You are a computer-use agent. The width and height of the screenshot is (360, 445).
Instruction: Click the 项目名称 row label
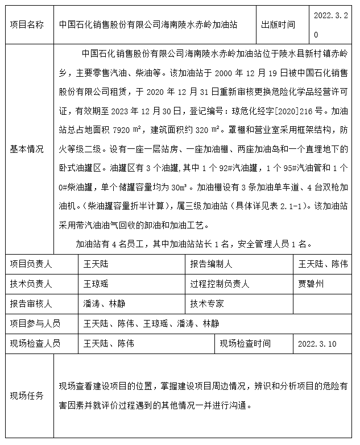click(x=27, y=25)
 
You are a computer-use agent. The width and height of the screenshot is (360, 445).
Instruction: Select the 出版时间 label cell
click(x=278, y=25)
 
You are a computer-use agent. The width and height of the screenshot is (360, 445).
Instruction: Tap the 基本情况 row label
click(x=27, y=149)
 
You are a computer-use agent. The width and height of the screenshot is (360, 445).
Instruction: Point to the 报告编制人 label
click(x=211, y=264)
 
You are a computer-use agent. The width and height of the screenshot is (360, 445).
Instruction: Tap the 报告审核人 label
click(x=31, y=303)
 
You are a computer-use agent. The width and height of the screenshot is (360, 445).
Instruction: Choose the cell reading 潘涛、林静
click(x=104, y=303)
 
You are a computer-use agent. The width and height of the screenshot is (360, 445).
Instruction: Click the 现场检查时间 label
click(x=246, y=343)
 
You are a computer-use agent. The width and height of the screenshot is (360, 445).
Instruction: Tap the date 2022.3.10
click(x=317, y=344)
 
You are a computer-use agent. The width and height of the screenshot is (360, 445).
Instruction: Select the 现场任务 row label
click(x=27, y=396)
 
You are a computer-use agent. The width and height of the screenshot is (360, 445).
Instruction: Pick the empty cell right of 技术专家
click(x=322, y=303)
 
